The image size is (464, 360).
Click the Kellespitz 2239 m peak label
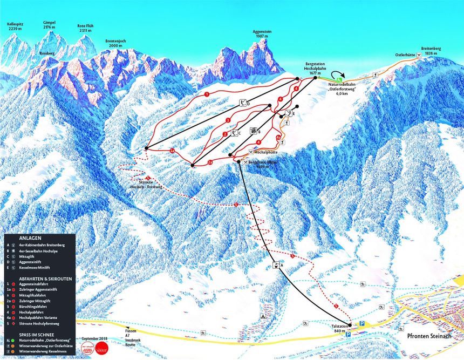point(15,26)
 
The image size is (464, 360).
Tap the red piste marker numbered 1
point(207,94)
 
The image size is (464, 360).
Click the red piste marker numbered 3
point(228,120)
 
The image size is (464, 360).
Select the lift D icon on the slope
point(243,103)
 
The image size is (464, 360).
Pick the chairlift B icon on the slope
point(253,131)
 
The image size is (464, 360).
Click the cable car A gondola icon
point(276,264)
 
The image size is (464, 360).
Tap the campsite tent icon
point(263,316)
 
